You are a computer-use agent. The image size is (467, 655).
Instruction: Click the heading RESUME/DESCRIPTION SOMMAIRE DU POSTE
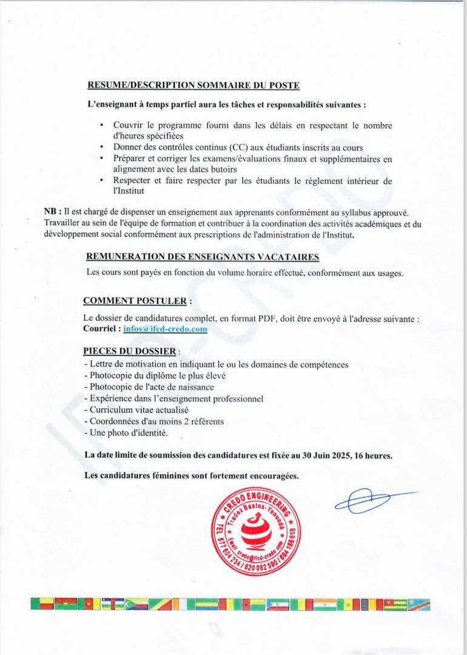point(193,86)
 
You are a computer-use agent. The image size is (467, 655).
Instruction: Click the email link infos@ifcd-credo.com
point(165,329)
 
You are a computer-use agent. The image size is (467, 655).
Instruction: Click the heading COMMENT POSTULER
point(136,300)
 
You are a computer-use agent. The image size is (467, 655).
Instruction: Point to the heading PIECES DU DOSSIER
point(130,351)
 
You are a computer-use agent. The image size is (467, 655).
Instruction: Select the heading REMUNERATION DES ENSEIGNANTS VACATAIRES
point(203,257)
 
